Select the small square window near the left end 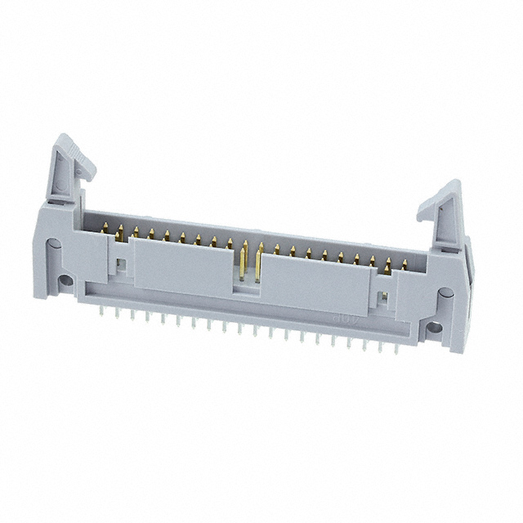point(120,265)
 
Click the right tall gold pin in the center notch point(258,263)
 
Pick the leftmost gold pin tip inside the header point(104,232)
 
